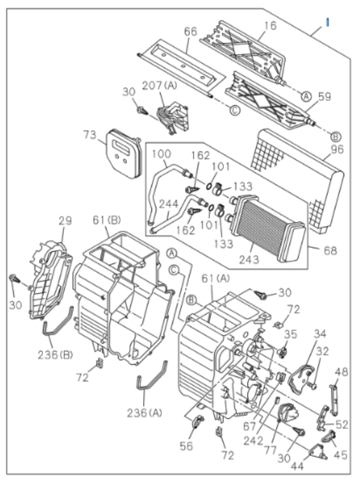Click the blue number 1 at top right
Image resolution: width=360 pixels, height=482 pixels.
click(x=327, y=22)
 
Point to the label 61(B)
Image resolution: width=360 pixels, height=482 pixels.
click(x=107, y=219)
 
